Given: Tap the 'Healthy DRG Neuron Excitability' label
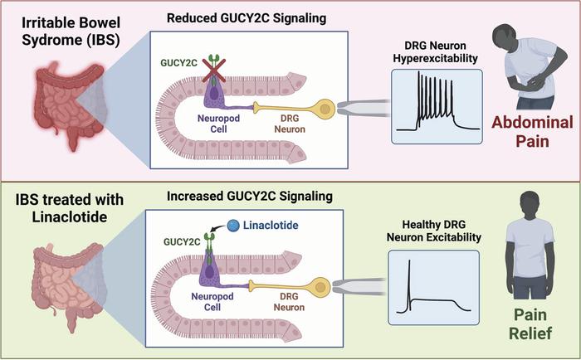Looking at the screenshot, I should [x=436, y=231].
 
